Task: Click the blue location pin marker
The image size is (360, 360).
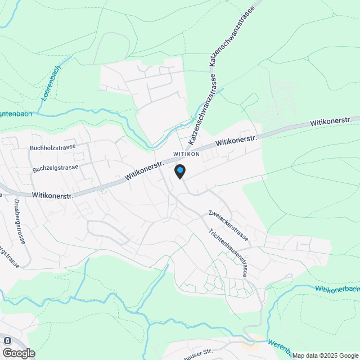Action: (179, 171)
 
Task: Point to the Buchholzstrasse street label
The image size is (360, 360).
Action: (53, 147)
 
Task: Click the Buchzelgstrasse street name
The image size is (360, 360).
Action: (54, 168)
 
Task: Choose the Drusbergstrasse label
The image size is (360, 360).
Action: (19, 221)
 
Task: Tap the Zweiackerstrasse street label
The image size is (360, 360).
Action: (228, 224)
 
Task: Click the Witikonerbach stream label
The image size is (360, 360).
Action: (337, 289)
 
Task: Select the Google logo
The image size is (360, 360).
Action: (19, 353)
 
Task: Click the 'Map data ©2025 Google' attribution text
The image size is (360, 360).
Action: (325, 355)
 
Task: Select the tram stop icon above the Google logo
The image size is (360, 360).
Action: (7, 341)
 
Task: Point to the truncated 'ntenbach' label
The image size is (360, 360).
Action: (16, 114)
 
